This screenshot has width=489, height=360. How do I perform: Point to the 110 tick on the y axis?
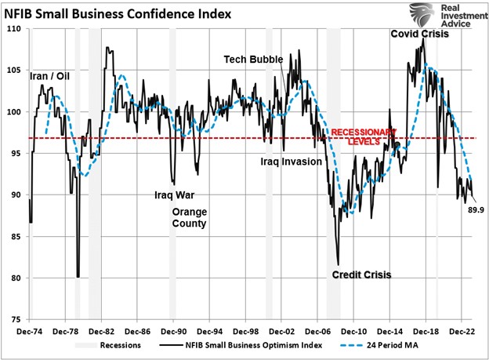point(15,29)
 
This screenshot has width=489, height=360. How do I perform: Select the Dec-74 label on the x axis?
point(30,331)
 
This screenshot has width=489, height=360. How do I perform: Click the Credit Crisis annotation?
point(361,275)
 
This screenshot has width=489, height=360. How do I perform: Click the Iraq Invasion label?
point(292,162)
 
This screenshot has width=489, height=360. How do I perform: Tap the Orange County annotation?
point(189,217)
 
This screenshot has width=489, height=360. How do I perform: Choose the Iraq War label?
point(173,195)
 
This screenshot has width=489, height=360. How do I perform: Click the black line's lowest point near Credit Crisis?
point(338,265)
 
